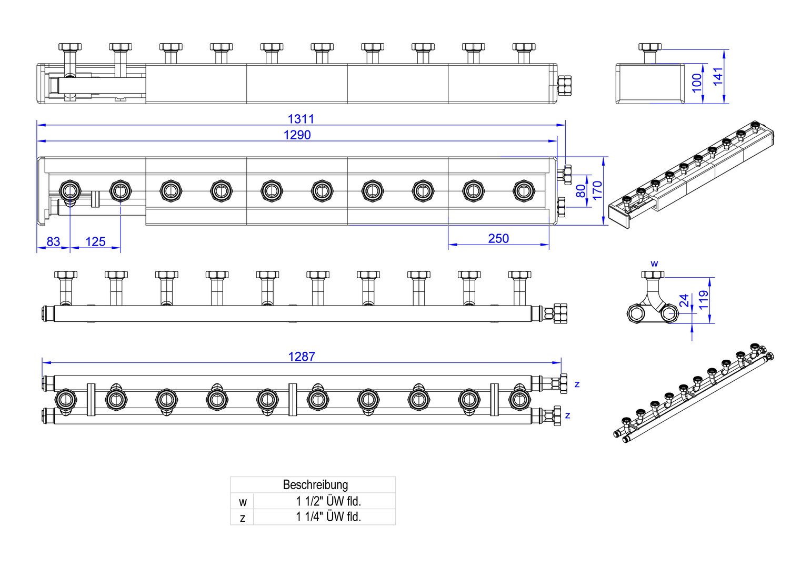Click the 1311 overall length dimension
301,119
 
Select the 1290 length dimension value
297,135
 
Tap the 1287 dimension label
302,357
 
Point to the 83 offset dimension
53,241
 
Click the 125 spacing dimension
95,241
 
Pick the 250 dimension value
498,238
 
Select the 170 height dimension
597,190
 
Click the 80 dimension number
581,191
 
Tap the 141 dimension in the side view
718,76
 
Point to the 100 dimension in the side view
697,83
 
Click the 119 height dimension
704,300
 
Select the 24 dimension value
684,300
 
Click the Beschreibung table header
315,484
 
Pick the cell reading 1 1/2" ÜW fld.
328,501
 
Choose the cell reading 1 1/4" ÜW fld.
328,516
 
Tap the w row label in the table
243,502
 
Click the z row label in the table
243,518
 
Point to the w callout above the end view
654,263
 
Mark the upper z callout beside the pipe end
577,384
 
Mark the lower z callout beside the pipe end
567,415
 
